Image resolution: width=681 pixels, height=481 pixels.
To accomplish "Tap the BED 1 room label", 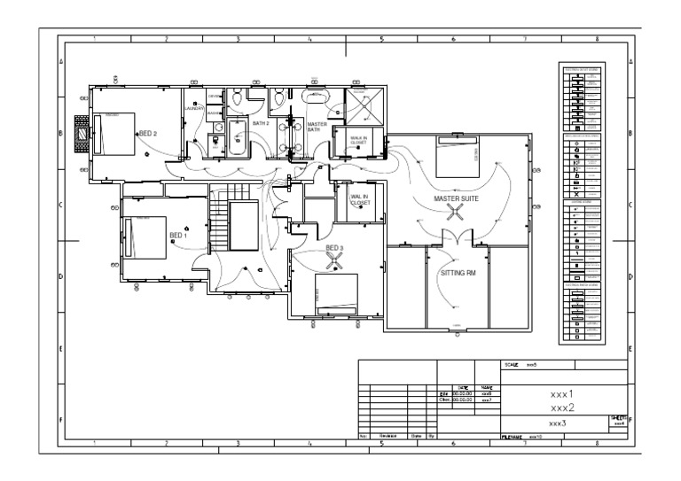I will [x=178, y=235].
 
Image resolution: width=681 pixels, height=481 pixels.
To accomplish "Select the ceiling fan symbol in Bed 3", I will [x=335, y=260].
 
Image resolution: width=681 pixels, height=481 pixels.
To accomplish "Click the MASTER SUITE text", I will [x=456, y=199].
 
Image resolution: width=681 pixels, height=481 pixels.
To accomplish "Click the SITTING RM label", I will [x=458, y=273].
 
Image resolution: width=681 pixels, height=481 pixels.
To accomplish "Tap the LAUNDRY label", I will [x=194, y=109].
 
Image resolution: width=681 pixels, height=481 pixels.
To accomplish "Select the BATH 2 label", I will [x=260, y=123].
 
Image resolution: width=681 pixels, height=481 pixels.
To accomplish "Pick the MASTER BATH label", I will [x=317, y=128].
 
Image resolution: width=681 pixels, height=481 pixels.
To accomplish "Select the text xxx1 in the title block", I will [x=562, y=394].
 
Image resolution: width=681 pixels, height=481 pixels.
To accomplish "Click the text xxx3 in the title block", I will [x=556, y=423].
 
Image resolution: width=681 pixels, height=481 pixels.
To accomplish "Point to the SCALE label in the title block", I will [x=511, y=364].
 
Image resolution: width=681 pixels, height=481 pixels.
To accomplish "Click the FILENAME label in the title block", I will [x=513, y=438].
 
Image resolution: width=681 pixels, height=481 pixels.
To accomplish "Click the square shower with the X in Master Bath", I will [x=364, y=108].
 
